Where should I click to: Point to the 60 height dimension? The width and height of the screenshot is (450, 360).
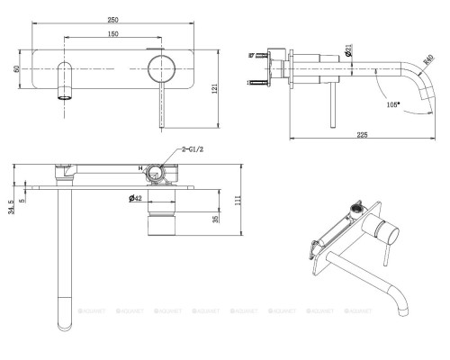pyautogui.click(x=17, y=67)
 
